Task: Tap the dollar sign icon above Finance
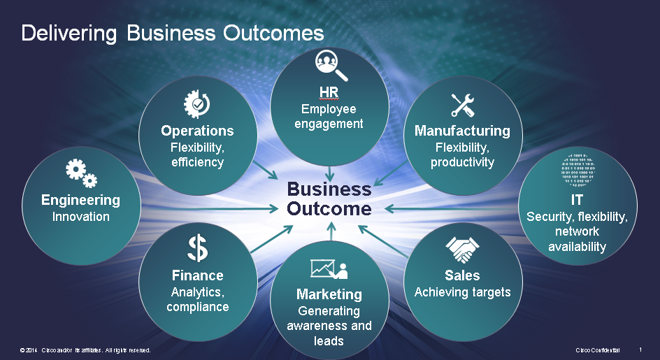coord(197,247)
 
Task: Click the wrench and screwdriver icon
coord(462,105)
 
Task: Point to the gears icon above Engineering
coord(81,172)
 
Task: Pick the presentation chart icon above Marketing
coord(329,268)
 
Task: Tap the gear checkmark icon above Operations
coord(196,104)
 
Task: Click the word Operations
coord(197,131)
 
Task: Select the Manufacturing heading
coord(462,131)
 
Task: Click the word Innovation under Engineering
coord(81,217)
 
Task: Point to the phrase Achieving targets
coord(462,292)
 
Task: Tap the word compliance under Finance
coord(197,307)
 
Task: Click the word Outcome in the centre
coord(329,208)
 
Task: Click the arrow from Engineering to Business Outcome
coord(210,208)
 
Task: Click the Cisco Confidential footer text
coord(597,350)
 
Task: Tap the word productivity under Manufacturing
coord(462,162)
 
